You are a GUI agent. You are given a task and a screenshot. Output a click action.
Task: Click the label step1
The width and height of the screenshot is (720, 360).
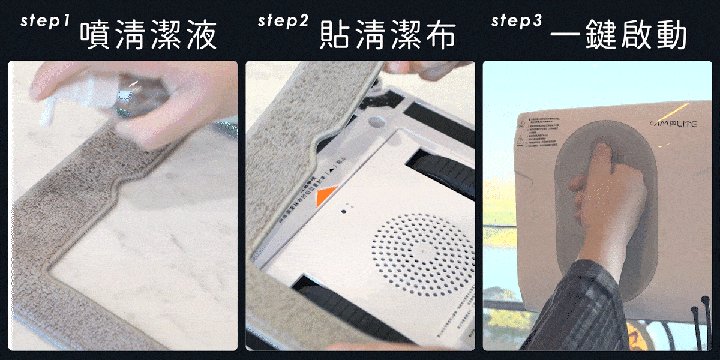tap(46, 21)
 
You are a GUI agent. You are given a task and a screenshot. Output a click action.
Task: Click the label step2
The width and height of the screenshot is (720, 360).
tap(283, 21)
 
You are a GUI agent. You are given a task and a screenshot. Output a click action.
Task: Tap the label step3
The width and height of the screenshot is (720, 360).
tap(517, 21)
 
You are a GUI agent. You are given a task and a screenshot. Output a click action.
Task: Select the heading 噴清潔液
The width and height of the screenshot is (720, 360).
tap(148, 37)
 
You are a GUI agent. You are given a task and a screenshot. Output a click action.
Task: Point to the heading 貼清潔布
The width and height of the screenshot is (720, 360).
tap(388, 37)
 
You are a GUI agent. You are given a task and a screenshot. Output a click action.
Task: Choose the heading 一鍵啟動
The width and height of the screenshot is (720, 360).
tap(619, 37)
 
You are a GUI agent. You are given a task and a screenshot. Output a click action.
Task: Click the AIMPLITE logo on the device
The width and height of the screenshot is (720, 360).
tap(673, 124)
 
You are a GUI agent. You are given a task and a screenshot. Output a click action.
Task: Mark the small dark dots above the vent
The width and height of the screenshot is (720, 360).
tap(347, 211)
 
